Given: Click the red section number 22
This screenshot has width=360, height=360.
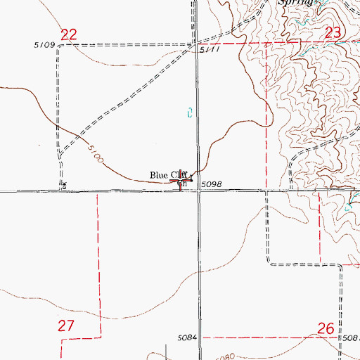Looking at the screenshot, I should (x=68, y=34).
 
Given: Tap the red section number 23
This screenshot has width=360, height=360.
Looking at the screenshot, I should (x=333, y=32).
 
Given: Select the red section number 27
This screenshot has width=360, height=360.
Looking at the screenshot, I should (x=65, y=326).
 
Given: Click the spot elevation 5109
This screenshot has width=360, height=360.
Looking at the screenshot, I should (x=44, y=45).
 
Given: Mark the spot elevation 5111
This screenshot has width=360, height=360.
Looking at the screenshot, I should (x=209, y=51).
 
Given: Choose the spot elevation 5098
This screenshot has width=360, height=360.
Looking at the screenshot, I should (x=212, y=184).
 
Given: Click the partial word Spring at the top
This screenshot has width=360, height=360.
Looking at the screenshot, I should (x=295, y=3).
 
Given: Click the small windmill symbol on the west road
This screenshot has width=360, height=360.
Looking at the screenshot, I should (x=64, y=186).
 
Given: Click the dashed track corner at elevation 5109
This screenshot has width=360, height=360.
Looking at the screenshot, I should (x=58, y=46).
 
